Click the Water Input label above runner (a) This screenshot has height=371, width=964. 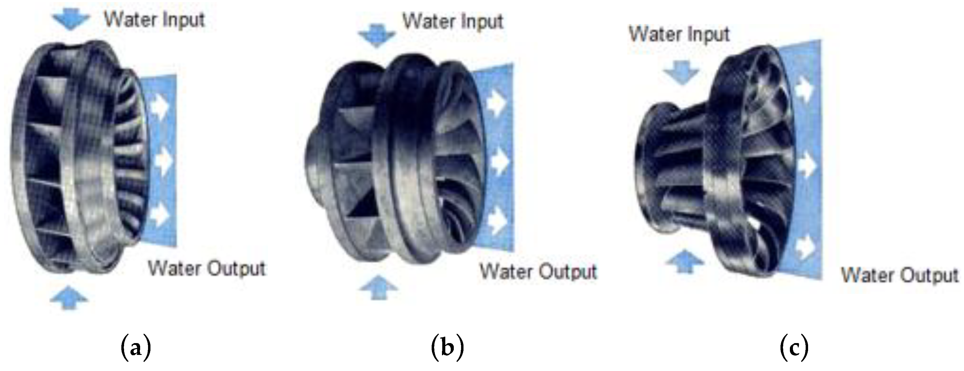pyautogui.click(x=154, y=19)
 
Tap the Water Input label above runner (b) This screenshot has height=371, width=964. pyautogui.click(x=453, y=21)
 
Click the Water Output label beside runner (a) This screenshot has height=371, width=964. pyautogui.click(x=207, y=268)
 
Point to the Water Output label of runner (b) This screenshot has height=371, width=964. pyautogui.click(x=538, y=272)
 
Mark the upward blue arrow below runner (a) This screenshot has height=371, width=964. pyautogui.click(x=69, y=298)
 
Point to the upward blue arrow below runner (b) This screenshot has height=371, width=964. pyautogui.click(x=378, y=288)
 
